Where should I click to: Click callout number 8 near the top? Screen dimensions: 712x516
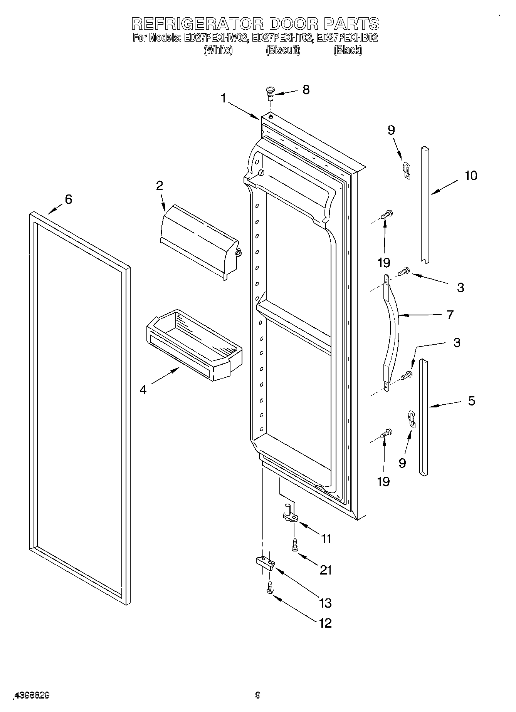pyautogui.click(x=306, y=90)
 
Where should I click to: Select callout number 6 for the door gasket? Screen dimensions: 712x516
pyautogui.click(x=68, y=199)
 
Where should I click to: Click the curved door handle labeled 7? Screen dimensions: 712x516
pyautogui.click(x=393, y=331)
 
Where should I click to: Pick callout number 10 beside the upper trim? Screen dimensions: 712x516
pyautogui.click(x=471, y=176)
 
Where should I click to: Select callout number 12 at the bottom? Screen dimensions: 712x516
pyautogui.click(x=325, y=623)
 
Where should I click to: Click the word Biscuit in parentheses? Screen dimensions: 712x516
pyautogui.click(x=283, y=50)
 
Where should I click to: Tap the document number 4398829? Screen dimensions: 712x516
pyautogui.click(x=32, y=696)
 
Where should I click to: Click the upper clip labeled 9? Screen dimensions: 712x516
pyautogui.click(x=406, y=170)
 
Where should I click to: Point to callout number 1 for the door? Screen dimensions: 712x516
pyautogui.click(x=223, y=99)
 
